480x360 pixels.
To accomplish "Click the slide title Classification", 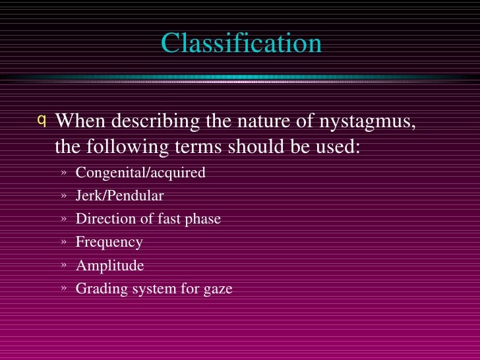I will point(241,44).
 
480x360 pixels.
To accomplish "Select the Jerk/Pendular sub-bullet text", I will point(119,196).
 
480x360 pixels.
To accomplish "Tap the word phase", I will point(203,219).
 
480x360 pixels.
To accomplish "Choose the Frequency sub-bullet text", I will point(109,242).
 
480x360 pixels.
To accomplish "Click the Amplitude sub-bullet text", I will point(109,266).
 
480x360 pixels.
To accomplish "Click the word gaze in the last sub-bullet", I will point(218,289).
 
